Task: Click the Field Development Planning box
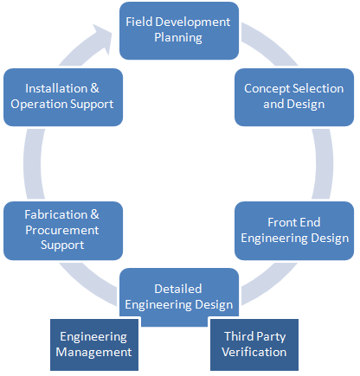179,31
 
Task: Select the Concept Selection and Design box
294,97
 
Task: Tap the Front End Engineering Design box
294,231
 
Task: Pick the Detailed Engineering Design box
179,296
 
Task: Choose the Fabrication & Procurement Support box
63,231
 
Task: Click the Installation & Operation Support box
63,97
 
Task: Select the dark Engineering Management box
94,345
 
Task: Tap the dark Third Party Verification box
254,345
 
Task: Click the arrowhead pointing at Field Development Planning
102,38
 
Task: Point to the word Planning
178,38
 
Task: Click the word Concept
267,89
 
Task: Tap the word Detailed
178,289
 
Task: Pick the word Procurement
62,230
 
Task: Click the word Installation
56,88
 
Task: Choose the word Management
93,353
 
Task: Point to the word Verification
254,352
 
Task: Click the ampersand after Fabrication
94,214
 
